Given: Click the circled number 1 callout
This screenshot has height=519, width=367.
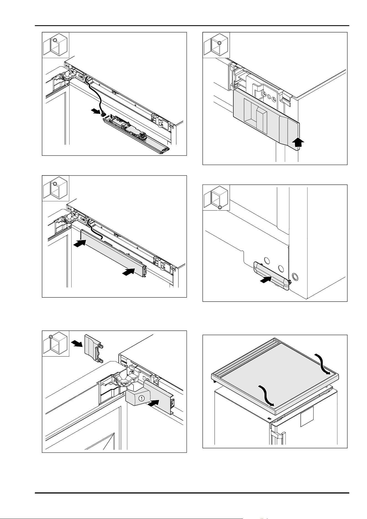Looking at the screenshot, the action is pyautogui.click(x=141, y=398).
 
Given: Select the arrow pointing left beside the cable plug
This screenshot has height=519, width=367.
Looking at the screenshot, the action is pyautogui.click(x=96, y=111).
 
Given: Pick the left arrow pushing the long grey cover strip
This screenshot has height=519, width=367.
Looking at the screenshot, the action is pyautogui.click(x=80, y=244).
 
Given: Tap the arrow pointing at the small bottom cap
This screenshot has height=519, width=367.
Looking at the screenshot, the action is pyautogui.click(x=266, y=281).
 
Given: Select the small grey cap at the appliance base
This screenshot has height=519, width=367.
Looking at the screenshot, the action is pyautogui.click(x=271, y=276).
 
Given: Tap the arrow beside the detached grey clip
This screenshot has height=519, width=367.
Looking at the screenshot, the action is pyautogui.click(x=77, y=344).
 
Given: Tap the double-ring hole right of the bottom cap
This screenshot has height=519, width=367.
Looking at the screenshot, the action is pyautogui.click(x=295, y=277).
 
